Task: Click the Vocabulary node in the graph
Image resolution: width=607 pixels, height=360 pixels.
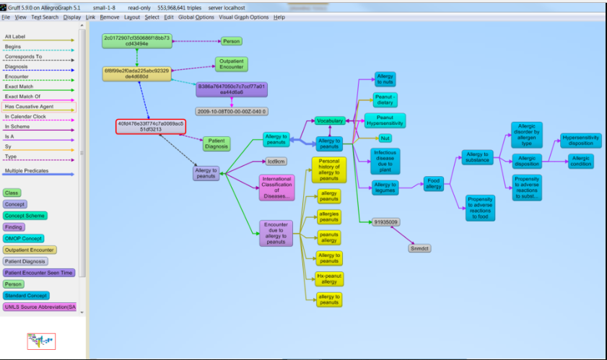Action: pyautogui.click(x=329, y=120)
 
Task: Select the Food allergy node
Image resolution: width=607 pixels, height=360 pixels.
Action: pyautogui.click(x=433, y=183)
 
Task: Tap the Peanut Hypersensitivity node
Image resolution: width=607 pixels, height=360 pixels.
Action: pyautogui.click(x=385, y=120)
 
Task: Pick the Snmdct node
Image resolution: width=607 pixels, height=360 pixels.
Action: pyautogui.click(x=419, y=248)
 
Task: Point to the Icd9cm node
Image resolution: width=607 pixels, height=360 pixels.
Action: pyautogui.click(x=276, y=162)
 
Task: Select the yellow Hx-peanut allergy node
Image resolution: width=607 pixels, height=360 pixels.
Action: pyautogui.click(x=329, y=278)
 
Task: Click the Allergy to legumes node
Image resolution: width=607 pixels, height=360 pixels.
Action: pyautogui.click(x=385, y=188)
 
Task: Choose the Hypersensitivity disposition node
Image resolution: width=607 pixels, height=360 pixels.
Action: pyautogui.click(x=580, y=140)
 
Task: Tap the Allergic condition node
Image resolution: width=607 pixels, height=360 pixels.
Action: pyautogui.click(x=580, y=161)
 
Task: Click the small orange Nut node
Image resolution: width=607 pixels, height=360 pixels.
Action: pyautogui.click(x=385, y=138)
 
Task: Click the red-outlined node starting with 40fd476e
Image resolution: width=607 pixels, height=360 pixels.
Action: pyautogui.click(x=152, y=127)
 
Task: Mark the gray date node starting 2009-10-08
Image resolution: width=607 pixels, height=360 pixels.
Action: pyautogui.click(x=232, y=111)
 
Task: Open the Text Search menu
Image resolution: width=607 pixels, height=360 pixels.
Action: pyautogui.click(x=45, y=17)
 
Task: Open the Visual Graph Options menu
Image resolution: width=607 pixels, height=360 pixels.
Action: pyautogui.click(x=243, y=17)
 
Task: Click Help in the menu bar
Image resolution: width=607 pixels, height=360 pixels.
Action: pyautogui.click(x=279, y=17)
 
